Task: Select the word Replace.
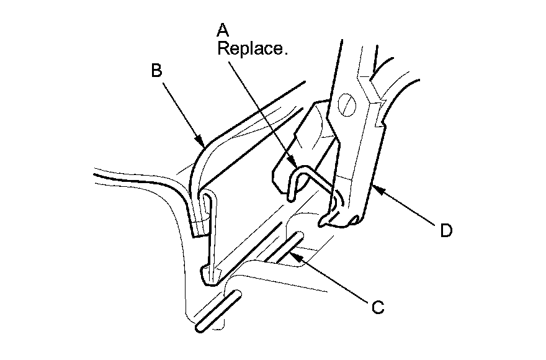coord(253,49)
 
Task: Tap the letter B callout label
coord(157,70)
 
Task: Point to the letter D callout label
coord(445,231)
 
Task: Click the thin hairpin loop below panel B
coord(210,230)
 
